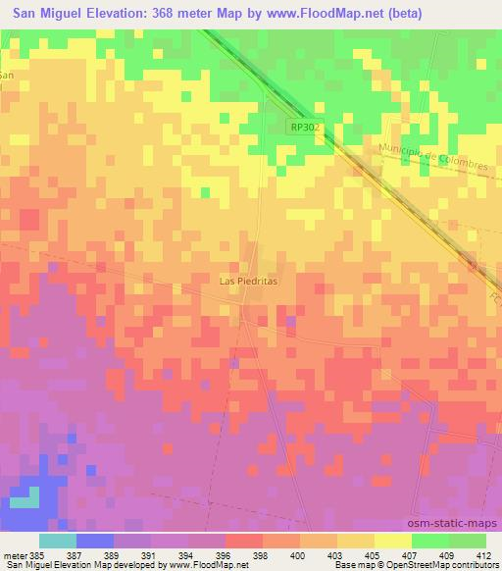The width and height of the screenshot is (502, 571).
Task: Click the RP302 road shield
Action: click(x=305, y=128)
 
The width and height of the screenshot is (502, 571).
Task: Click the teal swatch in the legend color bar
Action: click(x=58, y=540)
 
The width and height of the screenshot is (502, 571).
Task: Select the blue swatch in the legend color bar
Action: click(x=95, y=540)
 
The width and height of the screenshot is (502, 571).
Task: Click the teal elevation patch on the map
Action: click(x=33, y=499)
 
